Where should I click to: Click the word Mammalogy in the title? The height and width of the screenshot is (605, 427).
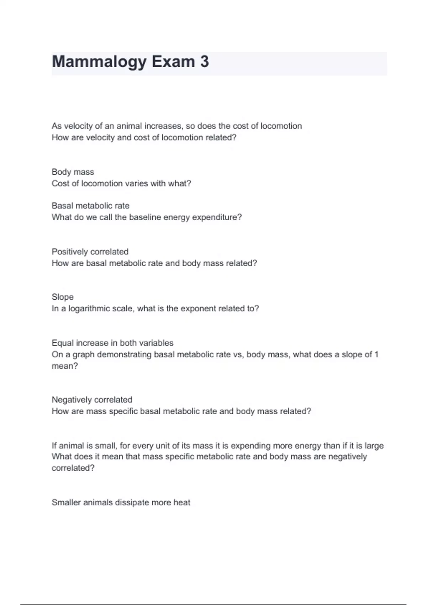[99, 62]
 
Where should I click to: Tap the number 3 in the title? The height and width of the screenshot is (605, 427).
[204, 62]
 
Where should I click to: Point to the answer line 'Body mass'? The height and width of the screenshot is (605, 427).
[73, 172]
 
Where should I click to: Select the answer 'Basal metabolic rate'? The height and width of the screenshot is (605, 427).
[90, 206]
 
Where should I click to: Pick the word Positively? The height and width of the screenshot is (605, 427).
[69, 252]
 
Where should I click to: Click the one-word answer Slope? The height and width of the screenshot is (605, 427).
[63, 297]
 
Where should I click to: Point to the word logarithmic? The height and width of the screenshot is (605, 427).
[90, 309]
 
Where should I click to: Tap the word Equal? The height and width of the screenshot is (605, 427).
[62, 343]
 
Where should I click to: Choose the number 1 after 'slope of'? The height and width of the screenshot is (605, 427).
[376, 354]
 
